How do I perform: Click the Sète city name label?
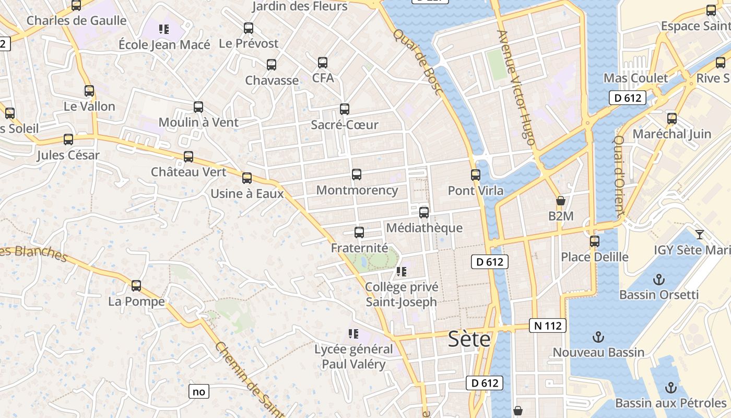coord(469,340)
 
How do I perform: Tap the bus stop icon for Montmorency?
coord(357,175)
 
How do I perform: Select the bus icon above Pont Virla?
coord(476,175)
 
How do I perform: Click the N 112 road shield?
coord(548,326)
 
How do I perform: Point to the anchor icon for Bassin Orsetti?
coord(659,279)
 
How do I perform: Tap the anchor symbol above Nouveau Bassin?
coord(598,337)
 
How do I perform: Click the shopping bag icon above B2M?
coord(561,201)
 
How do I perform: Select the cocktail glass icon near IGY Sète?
coord(700,234)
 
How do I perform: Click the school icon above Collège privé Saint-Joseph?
coord(401,272)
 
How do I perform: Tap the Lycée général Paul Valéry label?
coord(354,356)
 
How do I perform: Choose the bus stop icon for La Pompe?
coord(136,286)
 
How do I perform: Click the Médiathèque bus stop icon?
coord(424,213)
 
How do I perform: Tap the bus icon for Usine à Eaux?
coord(247,178)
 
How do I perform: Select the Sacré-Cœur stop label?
coord(345,125)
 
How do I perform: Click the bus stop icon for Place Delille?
coord(595,241)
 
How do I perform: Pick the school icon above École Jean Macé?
coord(164,29)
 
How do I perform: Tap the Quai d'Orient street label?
coord(619,176)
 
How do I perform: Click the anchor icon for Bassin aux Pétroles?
coord(671,388)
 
